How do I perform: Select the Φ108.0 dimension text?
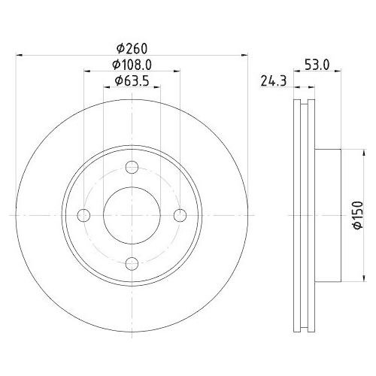click(132, 65)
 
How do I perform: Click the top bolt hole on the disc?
click(132, 168)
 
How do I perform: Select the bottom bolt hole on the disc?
click(132, 263)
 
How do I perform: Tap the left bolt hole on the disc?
click(84, 216)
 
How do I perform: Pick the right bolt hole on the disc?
click(180, 216)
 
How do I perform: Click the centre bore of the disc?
click(132, 216)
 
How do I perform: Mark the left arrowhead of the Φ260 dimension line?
click(20, 56)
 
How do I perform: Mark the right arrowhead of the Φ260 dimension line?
click(244, 56)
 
